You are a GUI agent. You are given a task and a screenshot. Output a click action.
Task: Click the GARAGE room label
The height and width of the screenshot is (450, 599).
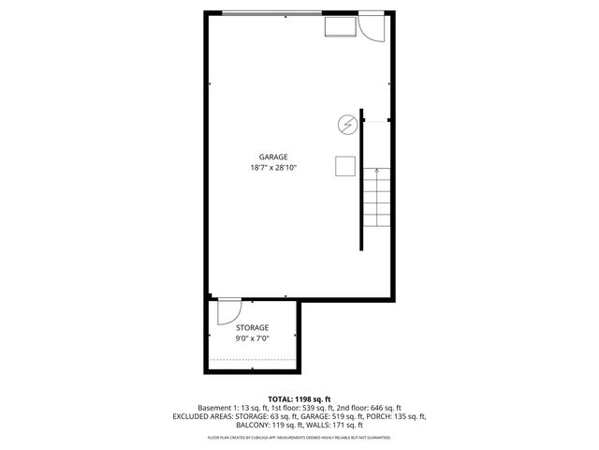[273, 157]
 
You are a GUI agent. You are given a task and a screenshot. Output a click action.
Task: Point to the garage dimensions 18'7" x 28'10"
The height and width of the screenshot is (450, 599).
[273, 168]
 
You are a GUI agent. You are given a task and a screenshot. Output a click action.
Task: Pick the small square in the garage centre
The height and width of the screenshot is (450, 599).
[344, 165]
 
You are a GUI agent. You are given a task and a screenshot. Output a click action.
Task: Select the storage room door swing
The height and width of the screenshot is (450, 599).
[228, 311]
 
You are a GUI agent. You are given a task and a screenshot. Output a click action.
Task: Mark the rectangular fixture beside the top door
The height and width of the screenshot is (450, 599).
[338, 26]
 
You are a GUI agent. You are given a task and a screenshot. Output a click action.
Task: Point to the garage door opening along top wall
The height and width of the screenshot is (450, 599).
[271, 12]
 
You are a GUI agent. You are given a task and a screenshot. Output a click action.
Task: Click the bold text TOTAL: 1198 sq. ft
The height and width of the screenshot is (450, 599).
[299, 397]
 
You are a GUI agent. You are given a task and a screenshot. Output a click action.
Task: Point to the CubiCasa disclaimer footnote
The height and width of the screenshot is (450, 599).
[299, 438]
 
